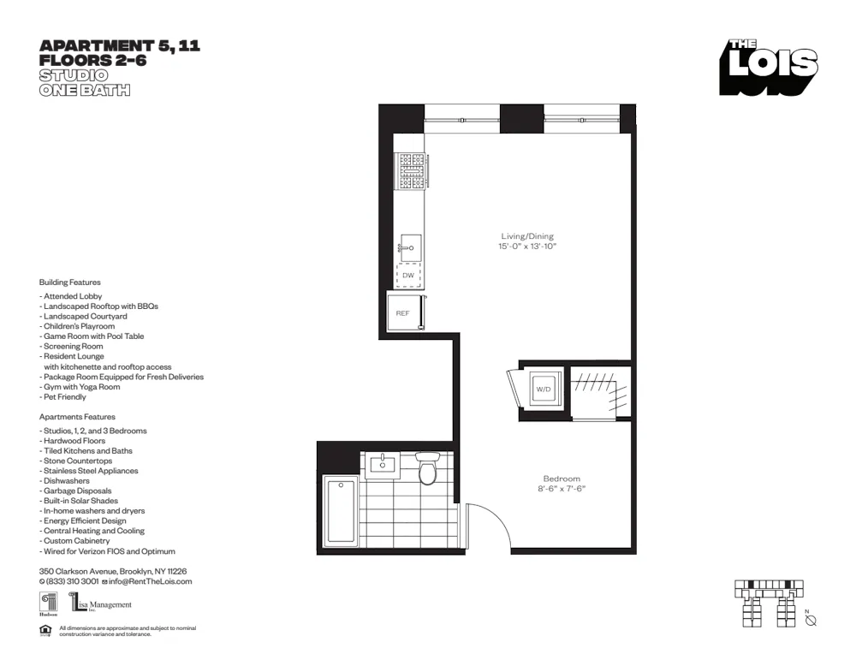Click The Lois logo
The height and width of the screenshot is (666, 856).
pos(768,67)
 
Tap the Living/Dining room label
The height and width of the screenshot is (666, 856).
pos(527,236)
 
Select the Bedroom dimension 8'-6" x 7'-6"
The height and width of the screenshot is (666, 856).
pos(561,489)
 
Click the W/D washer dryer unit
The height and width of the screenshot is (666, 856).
pos(543,389)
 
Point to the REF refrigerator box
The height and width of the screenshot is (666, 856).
pos(402,313)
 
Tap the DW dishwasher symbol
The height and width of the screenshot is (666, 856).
pos(408,276)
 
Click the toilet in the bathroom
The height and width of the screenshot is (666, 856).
pos(427,469)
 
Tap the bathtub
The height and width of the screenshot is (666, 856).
pos(341,511)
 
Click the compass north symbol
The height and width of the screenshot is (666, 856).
pos(810,619)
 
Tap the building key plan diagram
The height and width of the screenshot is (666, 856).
pos(769,600)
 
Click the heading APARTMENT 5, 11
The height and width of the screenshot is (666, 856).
pos(119,46)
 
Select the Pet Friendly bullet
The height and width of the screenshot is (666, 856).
pos(63,397)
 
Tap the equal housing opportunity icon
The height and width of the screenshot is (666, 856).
pos(45,631)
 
